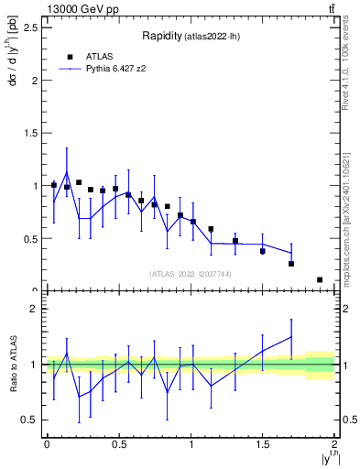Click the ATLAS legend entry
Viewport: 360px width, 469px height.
click(100, 56)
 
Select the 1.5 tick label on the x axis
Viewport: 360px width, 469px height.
click(262, 444)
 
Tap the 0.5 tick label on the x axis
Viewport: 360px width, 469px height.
click(118, 444)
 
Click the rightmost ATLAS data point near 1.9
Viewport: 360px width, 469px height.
click(320, 279)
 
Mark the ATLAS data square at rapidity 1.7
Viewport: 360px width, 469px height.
click(291, 264)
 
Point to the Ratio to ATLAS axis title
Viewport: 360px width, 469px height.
click(12, 365)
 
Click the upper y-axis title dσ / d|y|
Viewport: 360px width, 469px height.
click(12, 63)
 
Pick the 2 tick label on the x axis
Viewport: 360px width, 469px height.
click(334, 444)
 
